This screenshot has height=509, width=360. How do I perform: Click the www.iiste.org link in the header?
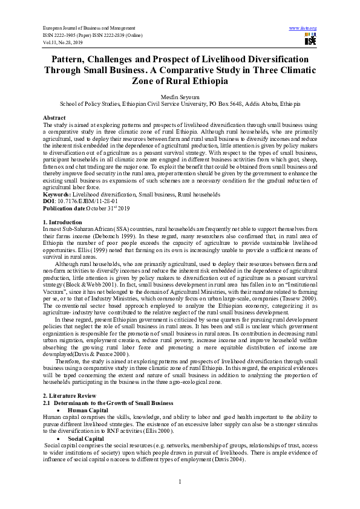[303, 28]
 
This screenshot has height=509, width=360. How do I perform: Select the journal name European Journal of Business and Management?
[88, 28]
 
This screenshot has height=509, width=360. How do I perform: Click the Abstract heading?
[54, 117]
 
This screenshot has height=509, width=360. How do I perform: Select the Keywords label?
[57, 195]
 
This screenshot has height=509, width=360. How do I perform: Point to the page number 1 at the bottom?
[180, 481]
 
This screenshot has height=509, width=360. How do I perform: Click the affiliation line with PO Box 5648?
[180, 104]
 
